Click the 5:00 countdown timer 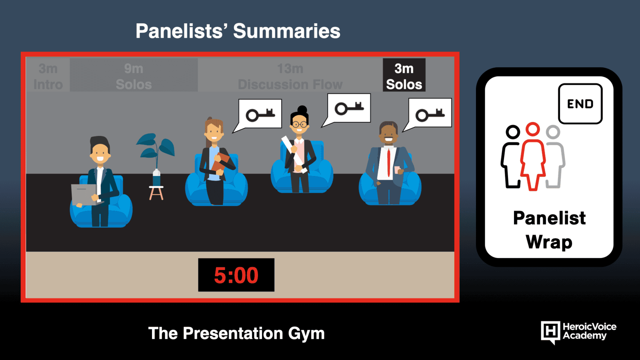(x=236, y=275)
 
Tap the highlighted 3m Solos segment (x=404, y=75)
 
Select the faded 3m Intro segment (x=48, y=76)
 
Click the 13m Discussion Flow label (x=290, y=76)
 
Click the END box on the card (x=580, y=104)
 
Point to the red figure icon (x=532, y=156)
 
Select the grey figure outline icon (x=555, y=156)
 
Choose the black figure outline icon (x=510, y=156)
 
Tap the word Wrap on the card (x=549, y=242)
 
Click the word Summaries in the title (x=286, y=31)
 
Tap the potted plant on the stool (x=156, y=166)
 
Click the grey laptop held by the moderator (x=84, y=194)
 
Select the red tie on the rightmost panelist (x=388, y=163)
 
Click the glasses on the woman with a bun (x=300, y=124)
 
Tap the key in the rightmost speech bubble (x=430, y=115)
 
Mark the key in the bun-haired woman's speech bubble (x=349, y=108)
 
